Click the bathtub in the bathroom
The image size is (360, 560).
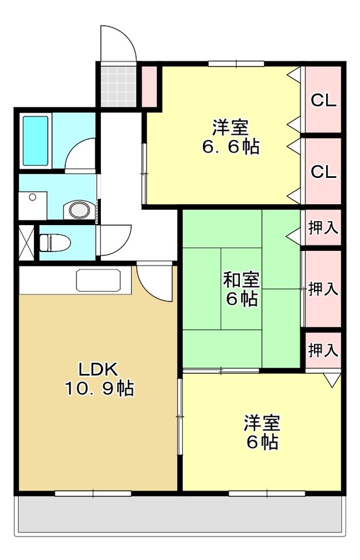[x=35, y=141]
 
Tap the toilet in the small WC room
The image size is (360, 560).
[x=54, y=241]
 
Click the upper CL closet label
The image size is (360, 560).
[x=323, y=100]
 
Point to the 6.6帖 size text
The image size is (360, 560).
[x=230, y=147]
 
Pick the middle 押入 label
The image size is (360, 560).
[x=323, y=289]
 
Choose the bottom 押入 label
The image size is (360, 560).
[x=323, y=351]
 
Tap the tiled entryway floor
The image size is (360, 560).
[x=118, y=86]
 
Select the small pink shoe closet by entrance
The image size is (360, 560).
[x=150, y=87]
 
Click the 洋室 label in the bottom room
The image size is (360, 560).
[x=262, y=422]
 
